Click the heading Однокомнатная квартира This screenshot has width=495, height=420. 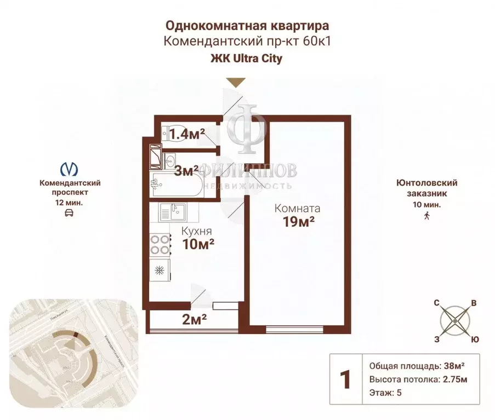(x=247, y=26)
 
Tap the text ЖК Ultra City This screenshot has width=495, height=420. (x=247, y=59)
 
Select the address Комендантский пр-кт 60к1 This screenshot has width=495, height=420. (x=247, y=42)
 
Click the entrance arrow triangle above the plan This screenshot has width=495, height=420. (x=236, y=83)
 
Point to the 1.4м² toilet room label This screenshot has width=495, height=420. (x=187, y=133)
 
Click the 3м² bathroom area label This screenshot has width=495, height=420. (x=187, y=171)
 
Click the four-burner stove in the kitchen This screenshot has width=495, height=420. (x=159, y=244)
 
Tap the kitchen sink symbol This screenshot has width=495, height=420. (x=173, y=211)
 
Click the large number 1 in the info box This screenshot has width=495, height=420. (x=345, y=379)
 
